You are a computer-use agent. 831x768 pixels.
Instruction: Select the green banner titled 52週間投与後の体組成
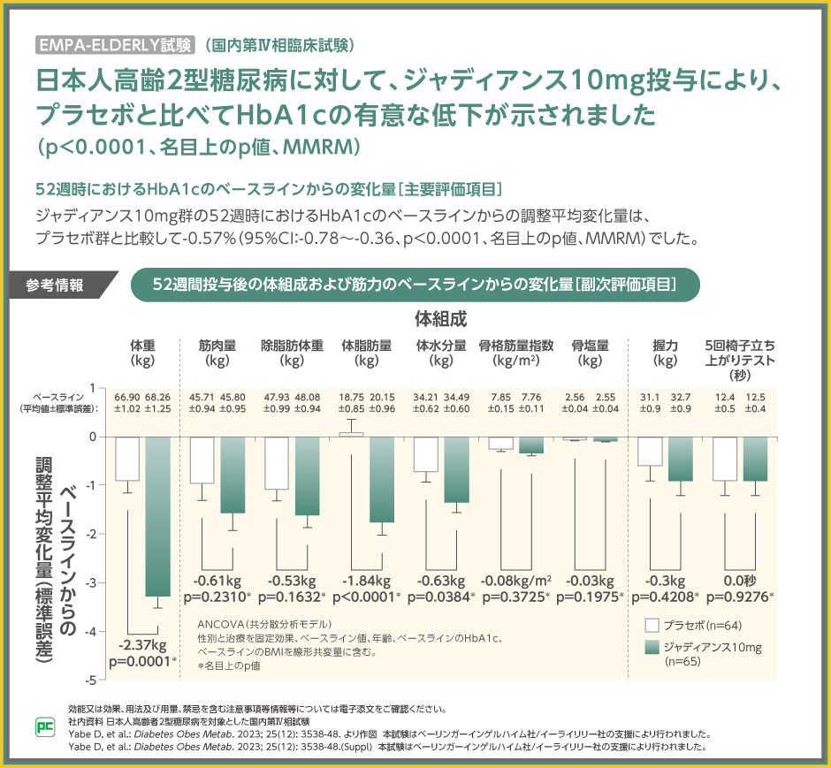coord(415,285)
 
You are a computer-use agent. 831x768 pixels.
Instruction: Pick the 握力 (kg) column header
coord(664,353)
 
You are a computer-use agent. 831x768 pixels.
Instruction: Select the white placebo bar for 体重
coord(127,459)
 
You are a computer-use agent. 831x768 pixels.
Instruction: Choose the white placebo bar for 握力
coord(650,451)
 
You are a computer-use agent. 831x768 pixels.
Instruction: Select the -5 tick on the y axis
coord(91,679)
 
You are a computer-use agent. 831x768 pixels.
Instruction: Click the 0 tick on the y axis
coord(92,437)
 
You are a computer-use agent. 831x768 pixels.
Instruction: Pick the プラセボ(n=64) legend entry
coord(694,624)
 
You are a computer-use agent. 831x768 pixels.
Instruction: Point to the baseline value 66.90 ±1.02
coord(127,404)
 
